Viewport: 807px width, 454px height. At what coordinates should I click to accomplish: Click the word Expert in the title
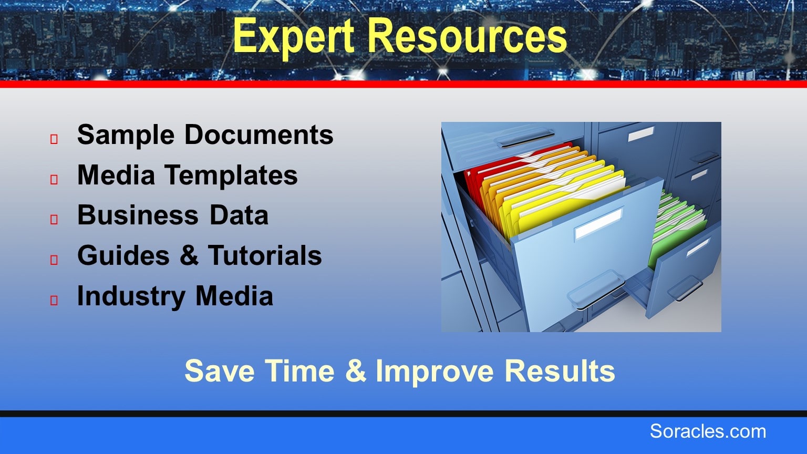click(294, 36)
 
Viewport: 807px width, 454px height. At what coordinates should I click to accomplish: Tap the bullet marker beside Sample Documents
click(54, 139)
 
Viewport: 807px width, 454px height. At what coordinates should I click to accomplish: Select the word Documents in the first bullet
click(259, 135)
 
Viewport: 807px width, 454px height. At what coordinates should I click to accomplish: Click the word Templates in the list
click(231, 176)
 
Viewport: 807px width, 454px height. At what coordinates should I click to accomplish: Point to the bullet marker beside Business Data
click(54, 220)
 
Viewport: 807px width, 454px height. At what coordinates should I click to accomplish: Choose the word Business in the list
click(138, 215)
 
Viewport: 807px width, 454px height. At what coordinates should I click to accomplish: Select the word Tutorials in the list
click(265, 255)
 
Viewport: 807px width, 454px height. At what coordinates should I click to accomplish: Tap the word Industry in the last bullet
click(131, 296)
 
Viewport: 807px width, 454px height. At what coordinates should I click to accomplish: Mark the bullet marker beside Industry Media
click(54, 300)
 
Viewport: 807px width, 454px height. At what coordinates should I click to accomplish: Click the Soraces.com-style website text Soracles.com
click(708, 431)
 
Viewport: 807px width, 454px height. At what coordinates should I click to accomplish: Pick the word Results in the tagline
click(560, 371)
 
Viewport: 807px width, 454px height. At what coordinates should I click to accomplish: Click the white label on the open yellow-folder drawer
click(599, 223)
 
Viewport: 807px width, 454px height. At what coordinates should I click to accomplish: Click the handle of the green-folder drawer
click(685, 288)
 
